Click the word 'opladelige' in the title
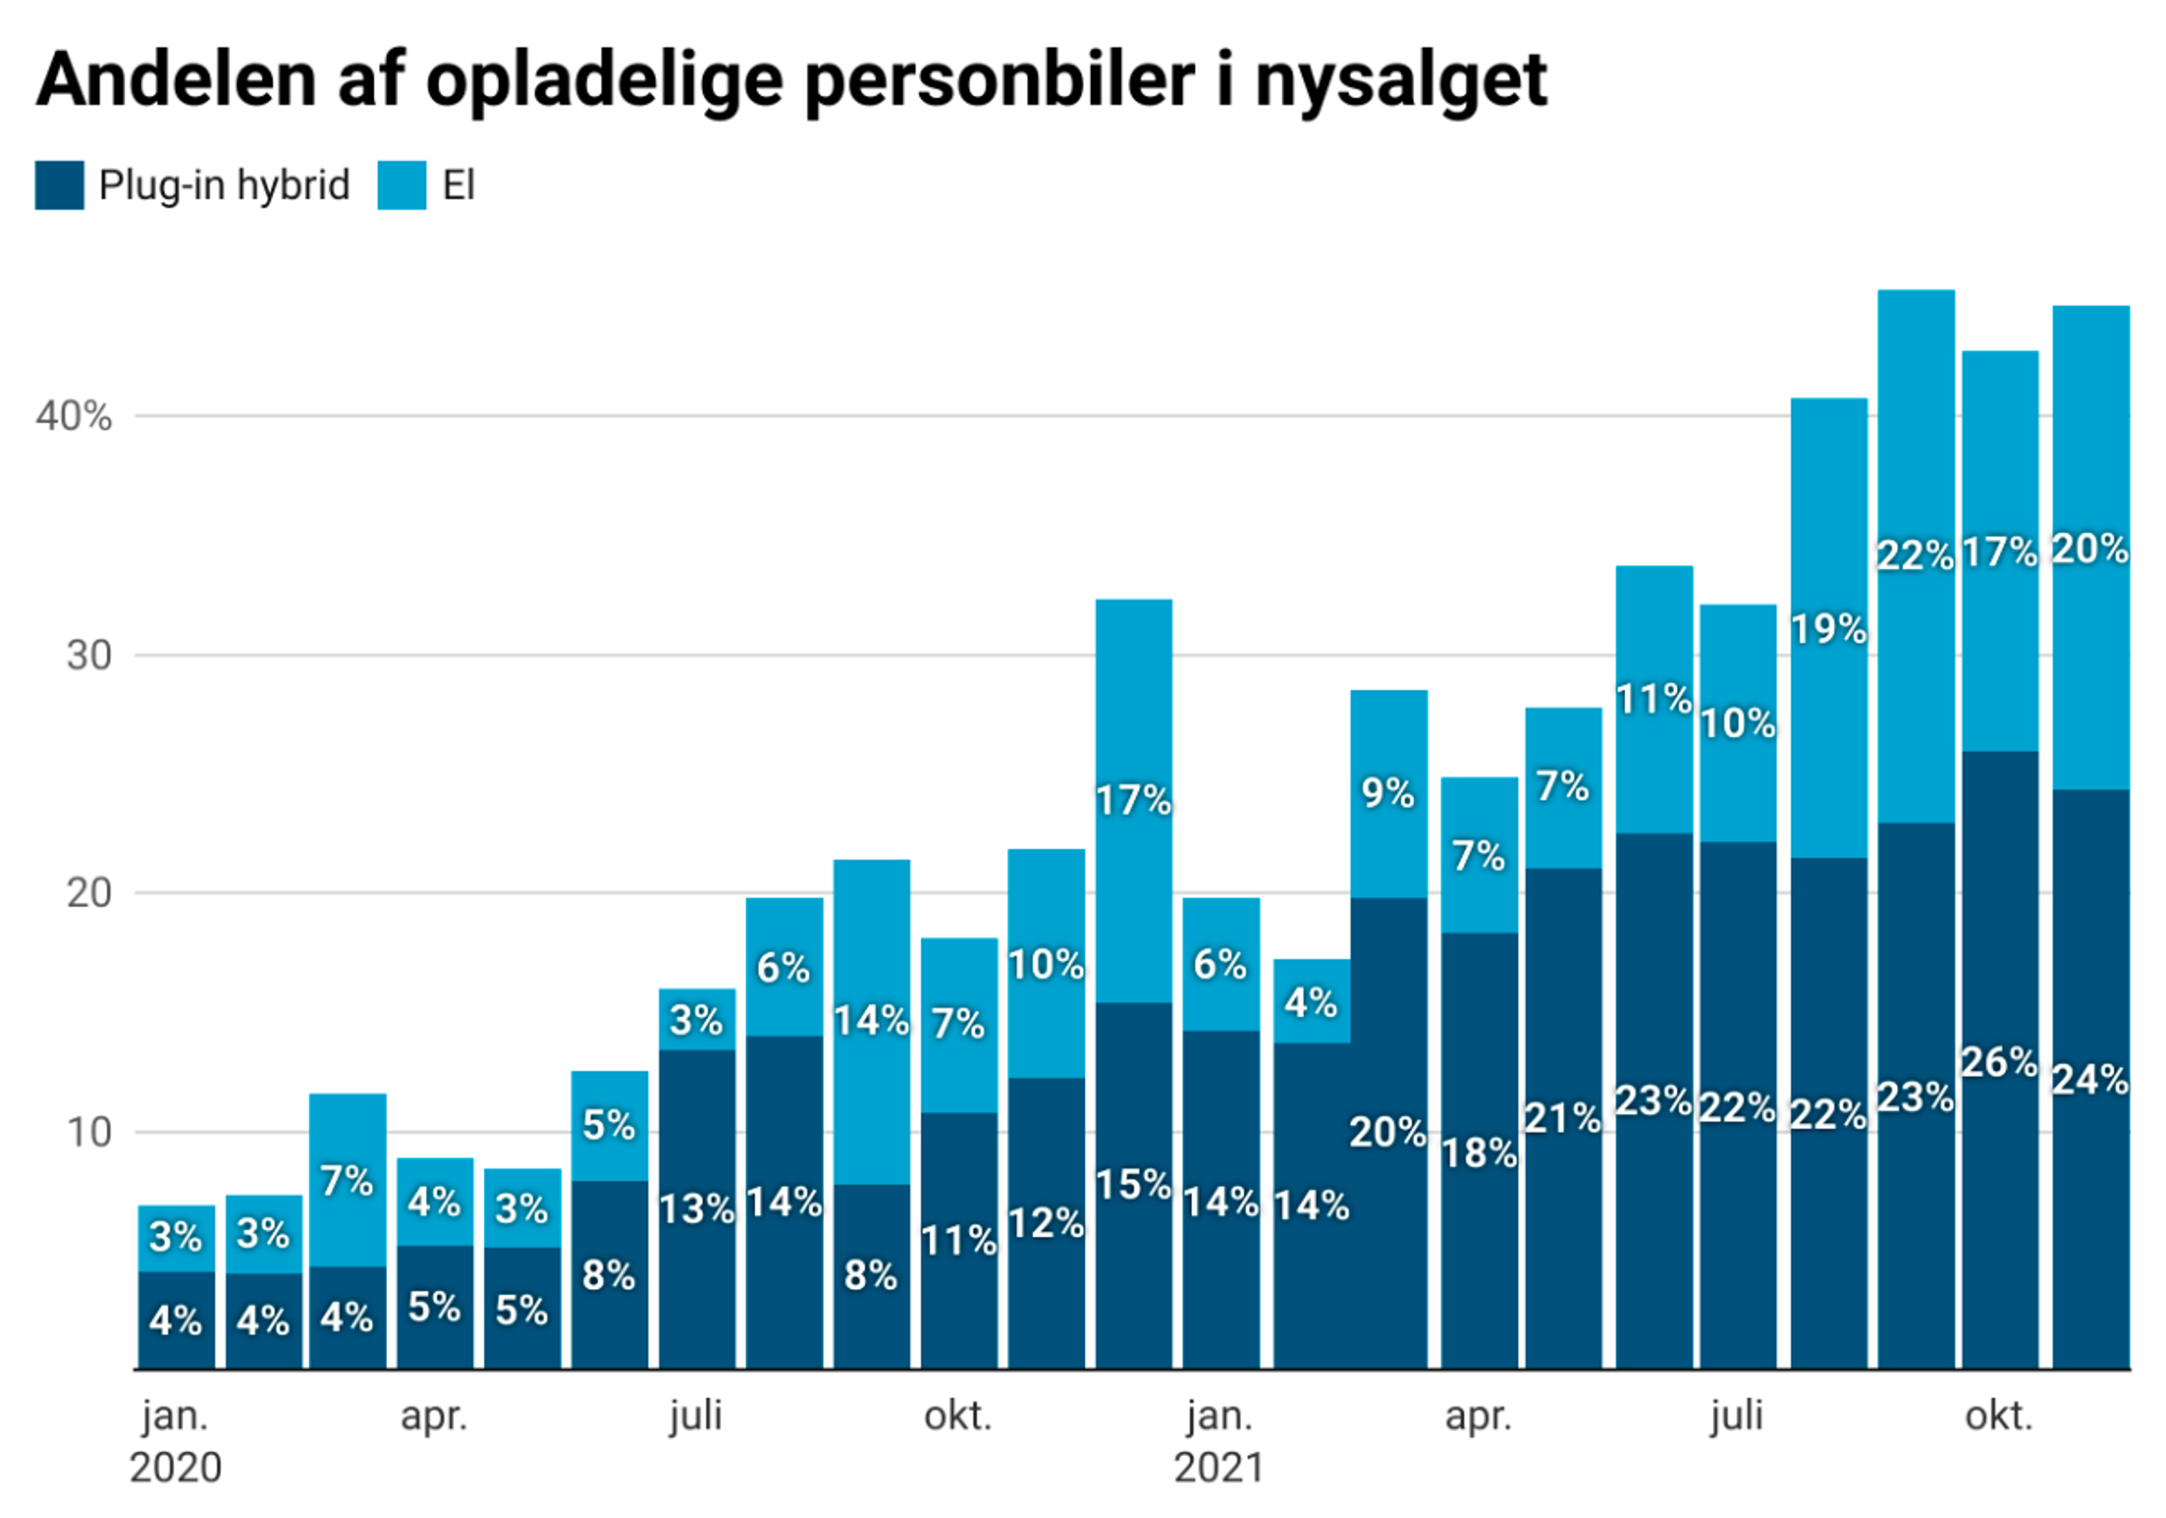point(603,80)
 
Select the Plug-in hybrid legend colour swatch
point(59,185)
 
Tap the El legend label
point(459,185)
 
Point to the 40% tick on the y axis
point(74,416)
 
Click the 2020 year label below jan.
point(175,1468)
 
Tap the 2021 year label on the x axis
point(1219,1468)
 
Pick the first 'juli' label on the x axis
point(697,1416)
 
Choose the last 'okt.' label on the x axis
point(1998,1416)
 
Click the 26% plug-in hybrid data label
point(1999,1063)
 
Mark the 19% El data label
point(1829,629)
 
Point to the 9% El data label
point(1387,793)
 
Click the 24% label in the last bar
point(2090,1079)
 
